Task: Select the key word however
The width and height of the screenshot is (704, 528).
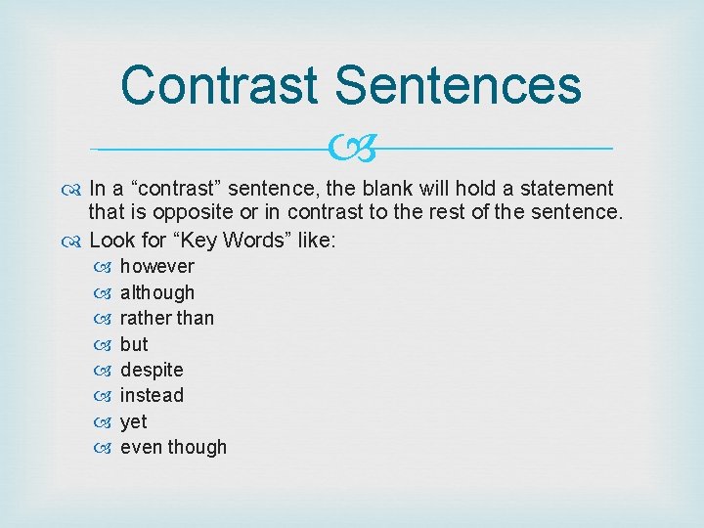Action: pyautogui.click(x=156, y=266)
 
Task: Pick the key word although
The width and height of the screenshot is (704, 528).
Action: pyautogui.click(x=156, y=292)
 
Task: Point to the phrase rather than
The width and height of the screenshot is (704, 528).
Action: pyautogui.click(x=166, y=318)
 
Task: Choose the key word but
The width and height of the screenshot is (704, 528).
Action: pyautogui.click(x=134, y=344)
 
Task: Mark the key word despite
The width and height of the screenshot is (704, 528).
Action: pyautogui.click(x=152, y=370)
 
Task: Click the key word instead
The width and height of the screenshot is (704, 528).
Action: pyautogui.click(x=152, y=395)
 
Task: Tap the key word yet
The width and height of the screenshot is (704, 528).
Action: pyautogui.click(x=133, y=421)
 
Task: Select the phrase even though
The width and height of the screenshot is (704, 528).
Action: pyautogui.click(x=173, y=447)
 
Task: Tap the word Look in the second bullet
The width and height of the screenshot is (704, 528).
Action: pyautogui.click(x=111, y=240)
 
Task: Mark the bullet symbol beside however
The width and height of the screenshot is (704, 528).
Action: pyautogui.click(x=107, y=267)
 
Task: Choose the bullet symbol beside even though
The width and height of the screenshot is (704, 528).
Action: pyautogui.click(x=107, y=448)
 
